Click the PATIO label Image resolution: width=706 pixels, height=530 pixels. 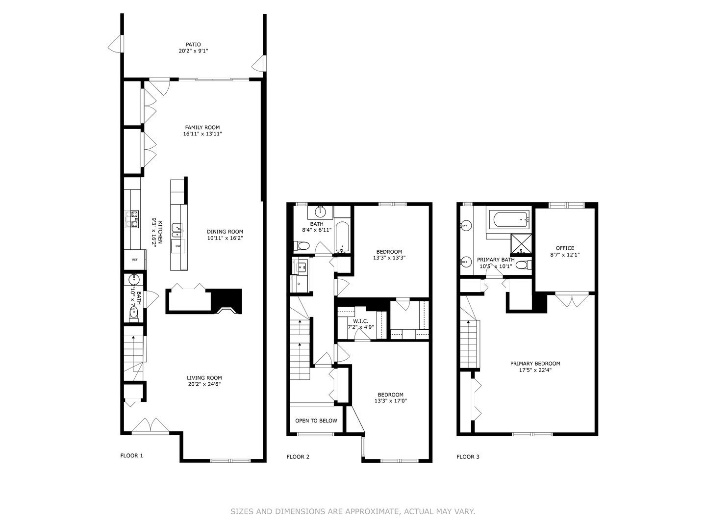pyautogui.click(x=193, y=45)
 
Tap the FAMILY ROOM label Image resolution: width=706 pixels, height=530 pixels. pyautogui.click(x=202, y=128)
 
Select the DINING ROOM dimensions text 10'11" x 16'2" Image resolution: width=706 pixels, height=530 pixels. pyautogui.click(x=225, y=238)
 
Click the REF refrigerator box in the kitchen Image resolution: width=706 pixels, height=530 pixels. pyautogui.click(x=134, y=260)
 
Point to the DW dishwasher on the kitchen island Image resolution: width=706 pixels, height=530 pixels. pyautogui.click(x=178, y=246)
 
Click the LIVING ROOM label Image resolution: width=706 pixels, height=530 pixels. pyautogui.click(x=204, y=378)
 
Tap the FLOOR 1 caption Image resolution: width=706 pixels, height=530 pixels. pyautogui.click(x=131, y=455)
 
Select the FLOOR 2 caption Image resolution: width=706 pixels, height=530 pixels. pyautogui.click(x=298, y=457)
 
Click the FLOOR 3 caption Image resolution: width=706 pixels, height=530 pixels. pyautogui.click(x=468, y=457)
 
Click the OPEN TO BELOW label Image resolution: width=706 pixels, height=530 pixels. pyautogui.click(x=316, y=421)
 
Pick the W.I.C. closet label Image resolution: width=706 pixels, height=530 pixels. pyautogui.click(x=358, y=321)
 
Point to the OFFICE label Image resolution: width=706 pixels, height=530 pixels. pyautogui.click(x=565, y=248)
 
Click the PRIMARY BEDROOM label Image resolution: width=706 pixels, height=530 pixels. pyautogui.click(x=535, y=364)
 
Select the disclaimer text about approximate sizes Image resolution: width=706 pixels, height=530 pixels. pyautogui.click(x=353, y=511)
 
